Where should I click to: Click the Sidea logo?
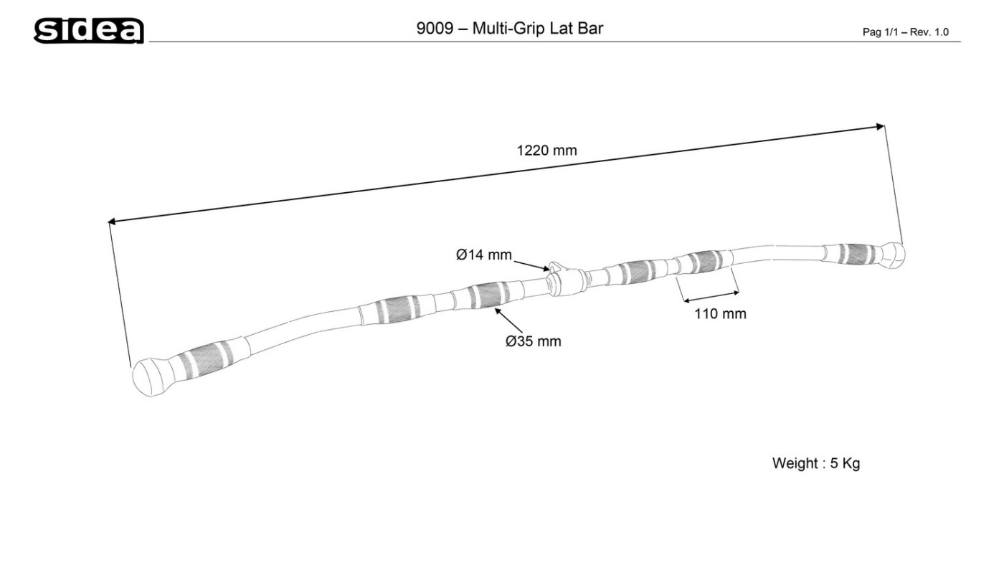(x=90, y=30)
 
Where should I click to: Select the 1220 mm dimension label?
(x=546, y=151)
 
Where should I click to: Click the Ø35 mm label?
(x=533, y=341)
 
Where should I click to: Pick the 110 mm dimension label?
(x=720, y=313)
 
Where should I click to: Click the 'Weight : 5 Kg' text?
(x=815, y=463)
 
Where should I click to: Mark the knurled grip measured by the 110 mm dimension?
(x=705, y=262)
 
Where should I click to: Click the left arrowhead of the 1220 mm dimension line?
(x=112, y=222)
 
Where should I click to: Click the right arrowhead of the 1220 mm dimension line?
(x=881, y=127)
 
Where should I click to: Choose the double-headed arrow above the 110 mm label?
(x=709, y=296)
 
